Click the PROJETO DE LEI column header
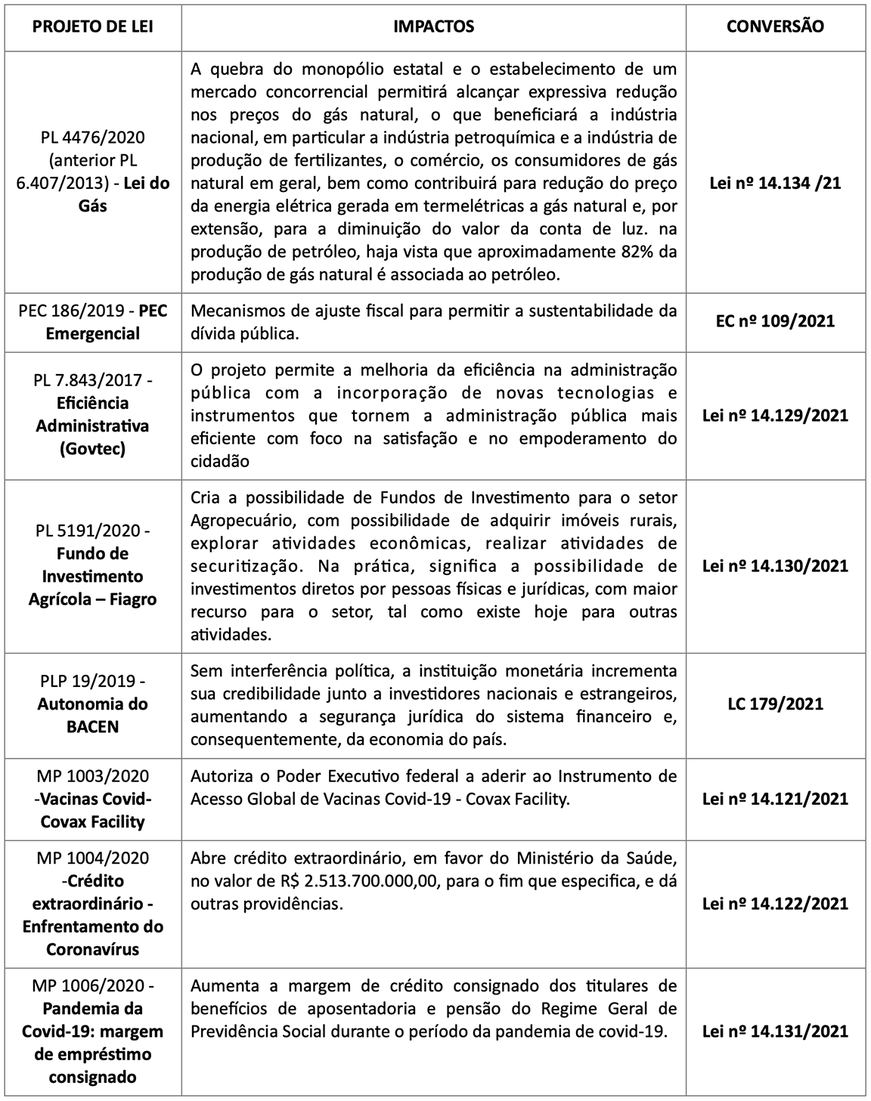(93, 26)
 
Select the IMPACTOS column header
(433, 26)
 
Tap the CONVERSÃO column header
(775, 26)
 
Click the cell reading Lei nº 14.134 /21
(775, 183)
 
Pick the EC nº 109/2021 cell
(775, 321)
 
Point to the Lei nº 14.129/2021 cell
(775, 416)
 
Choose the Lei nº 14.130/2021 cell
(775, 566)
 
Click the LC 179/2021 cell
(775, 704)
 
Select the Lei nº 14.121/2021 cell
(775, 799)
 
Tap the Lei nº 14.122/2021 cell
(775, 904)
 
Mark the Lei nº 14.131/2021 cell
(775, 1031)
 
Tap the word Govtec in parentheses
(93, 449)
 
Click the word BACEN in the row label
(93, 727)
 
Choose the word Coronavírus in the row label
(93, 949)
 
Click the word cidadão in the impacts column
(220, 461)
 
